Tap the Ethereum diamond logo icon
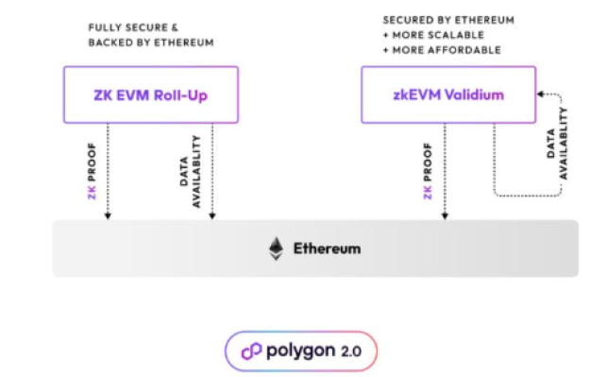[x=276, y=248]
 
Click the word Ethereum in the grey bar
[x=328, y=248]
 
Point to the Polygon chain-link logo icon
[x=252, y=351]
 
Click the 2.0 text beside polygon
[x=351, y=351]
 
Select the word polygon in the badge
[x=301, y=351]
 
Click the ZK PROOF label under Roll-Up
[x=92, y=171]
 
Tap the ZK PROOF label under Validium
[x=428, y=171]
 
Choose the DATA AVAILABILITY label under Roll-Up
[x=190, y=171]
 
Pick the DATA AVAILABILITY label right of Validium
[x=557, y=144]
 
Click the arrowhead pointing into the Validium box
[x=540, y=94]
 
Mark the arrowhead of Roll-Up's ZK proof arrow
[x=108, y=216]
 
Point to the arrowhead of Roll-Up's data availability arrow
[x=212, y=216]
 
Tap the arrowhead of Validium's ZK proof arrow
[x=445, y=216]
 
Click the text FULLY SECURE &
[x=133, y=27]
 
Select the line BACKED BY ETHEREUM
[x=151, y=43]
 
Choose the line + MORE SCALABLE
[x=433, y=35]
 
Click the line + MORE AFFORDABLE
[x=442, y=50]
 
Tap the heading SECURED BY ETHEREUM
[x=448, y=20]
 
